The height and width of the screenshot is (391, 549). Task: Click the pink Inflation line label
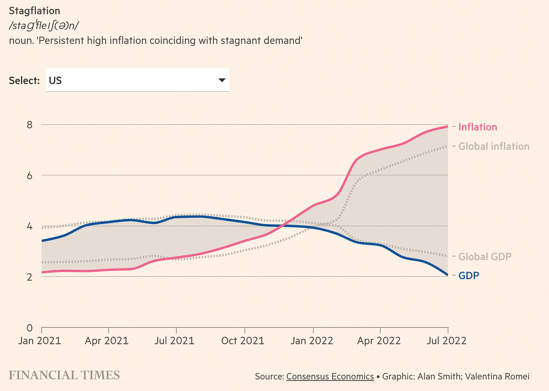point(477,127)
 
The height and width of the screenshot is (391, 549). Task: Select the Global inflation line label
point(494,146)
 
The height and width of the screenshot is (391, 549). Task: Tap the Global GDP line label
point(485,257)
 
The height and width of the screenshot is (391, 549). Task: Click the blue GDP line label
point(469,275)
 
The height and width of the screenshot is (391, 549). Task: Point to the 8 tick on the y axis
point(29,125)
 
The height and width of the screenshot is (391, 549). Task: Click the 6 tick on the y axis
point(29,176)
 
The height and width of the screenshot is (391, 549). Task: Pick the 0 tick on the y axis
point(29,328)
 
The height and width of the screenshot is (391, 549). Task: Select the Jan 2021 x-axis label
point(40,341)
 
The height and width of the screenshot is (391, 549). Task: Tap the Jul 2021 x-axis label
point(174,341)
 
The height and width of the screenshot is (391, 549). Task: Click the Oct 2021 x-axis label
point(243,341)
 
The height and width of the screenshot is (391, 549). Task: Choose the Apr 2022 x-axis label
point(379,341)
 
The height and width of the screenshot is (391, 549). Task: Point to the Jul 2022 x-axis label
point(446,341)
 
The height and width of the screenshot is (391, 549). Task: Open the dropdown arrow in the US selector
point(222,80)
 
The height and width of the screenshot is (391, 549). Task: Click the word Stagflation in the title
point(34,11)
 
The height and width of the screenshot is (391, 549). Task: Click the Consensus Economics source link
point(330,376)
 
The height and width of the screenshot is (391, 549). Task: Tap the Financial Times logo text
point(64,375)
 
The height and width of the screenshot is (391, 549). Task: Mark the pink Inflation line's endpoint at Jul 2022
point(448,127)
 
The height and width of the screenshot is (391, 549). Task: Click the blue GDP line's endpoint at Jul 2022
point(448,275)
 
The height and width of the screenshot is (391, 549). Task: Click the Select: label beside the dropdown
point(24,81)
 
